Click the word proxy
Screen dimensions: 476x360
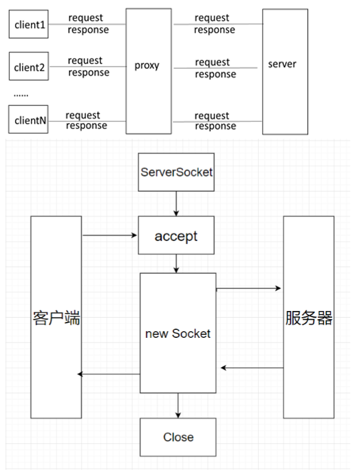[147, 65]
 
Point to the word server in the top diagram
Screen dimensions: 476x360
[282, 63]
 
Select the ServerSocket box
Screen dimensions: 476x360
[176, 172]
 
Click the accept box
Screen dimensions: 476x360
[176, 236]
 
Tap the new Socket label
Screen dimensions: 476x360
[178, 333]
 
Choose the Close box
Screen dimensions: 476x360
[178, 436]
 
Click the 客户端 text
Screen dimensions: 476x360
[56, 317]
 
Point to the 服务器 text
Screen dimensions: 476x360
[308, 317]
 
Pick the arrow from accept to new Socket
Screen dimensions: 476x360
[176, 263]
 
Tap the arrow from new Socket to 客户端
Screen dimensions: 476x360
[110, 374]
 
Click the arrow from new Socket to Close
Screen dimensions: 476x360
[178, 405]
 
